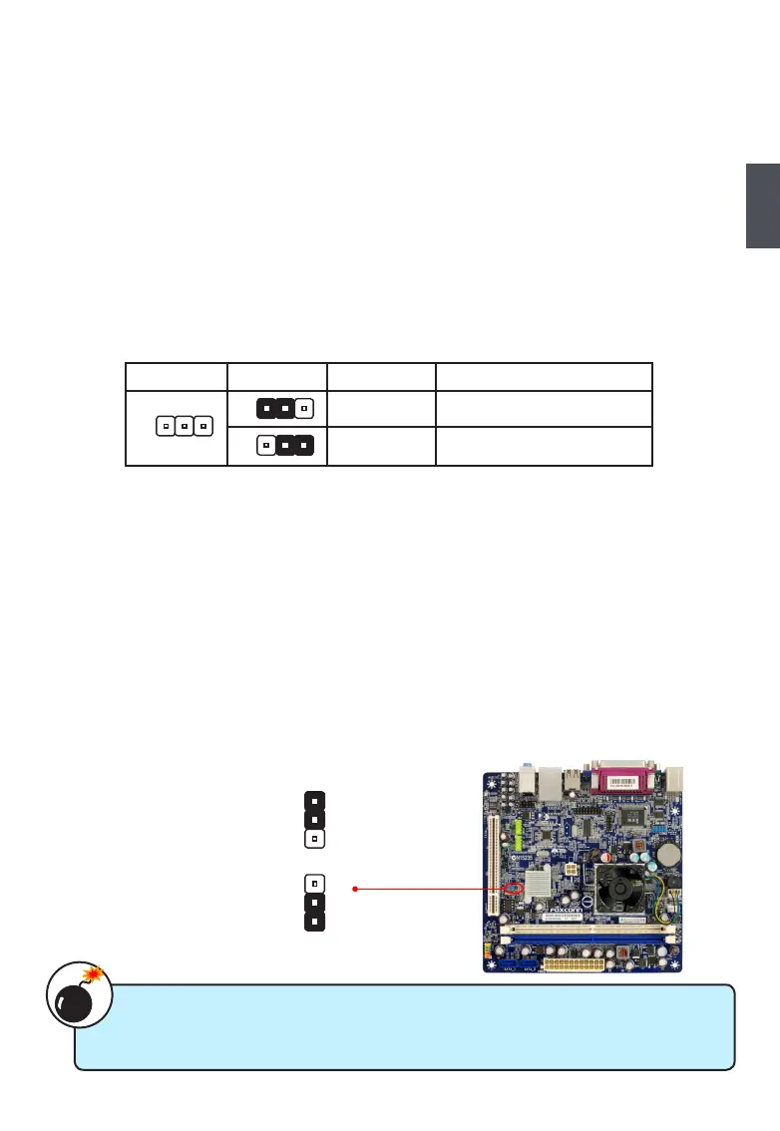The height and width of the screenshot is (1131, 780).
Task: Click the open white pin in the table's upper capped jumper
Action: (x=303, y=408)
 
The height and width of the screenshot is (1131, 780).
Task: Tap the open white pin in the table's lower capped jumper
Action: (x=265, y=444)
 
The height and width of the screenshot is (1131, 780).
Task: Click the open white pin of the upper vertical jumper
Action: (x=313, y=838)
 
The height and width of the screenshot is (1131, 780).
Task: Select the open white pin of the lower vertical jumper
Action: (x=313, y=883)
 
